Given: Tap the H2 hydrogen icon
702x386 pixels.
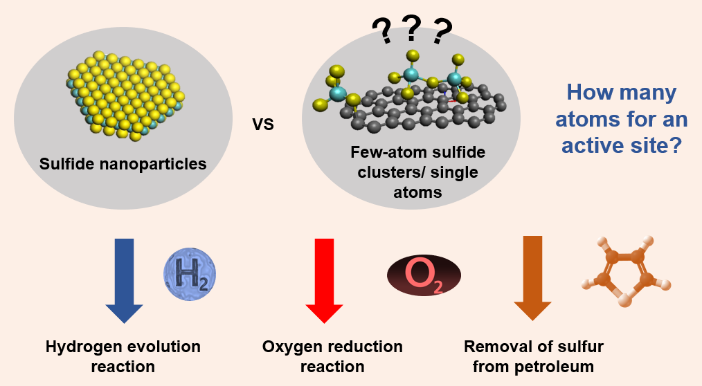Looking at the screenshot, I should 190,275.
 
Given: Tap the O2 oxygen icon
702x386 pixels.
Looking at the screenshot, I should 424,275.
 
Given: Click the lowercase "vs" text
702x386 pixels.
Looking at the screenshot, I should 263,124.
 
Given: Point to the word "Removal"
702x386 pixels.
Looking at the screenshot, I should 494,346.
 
